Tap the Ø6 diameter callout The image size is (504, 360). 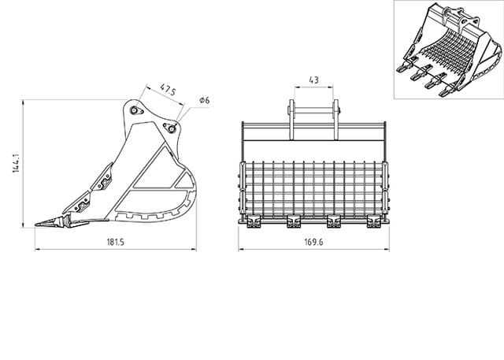[x=203, y=101]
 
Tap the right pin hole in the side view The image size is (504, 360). [x=168, y=127]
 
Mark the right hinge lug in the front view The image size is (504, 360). [x=337, y=120]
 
